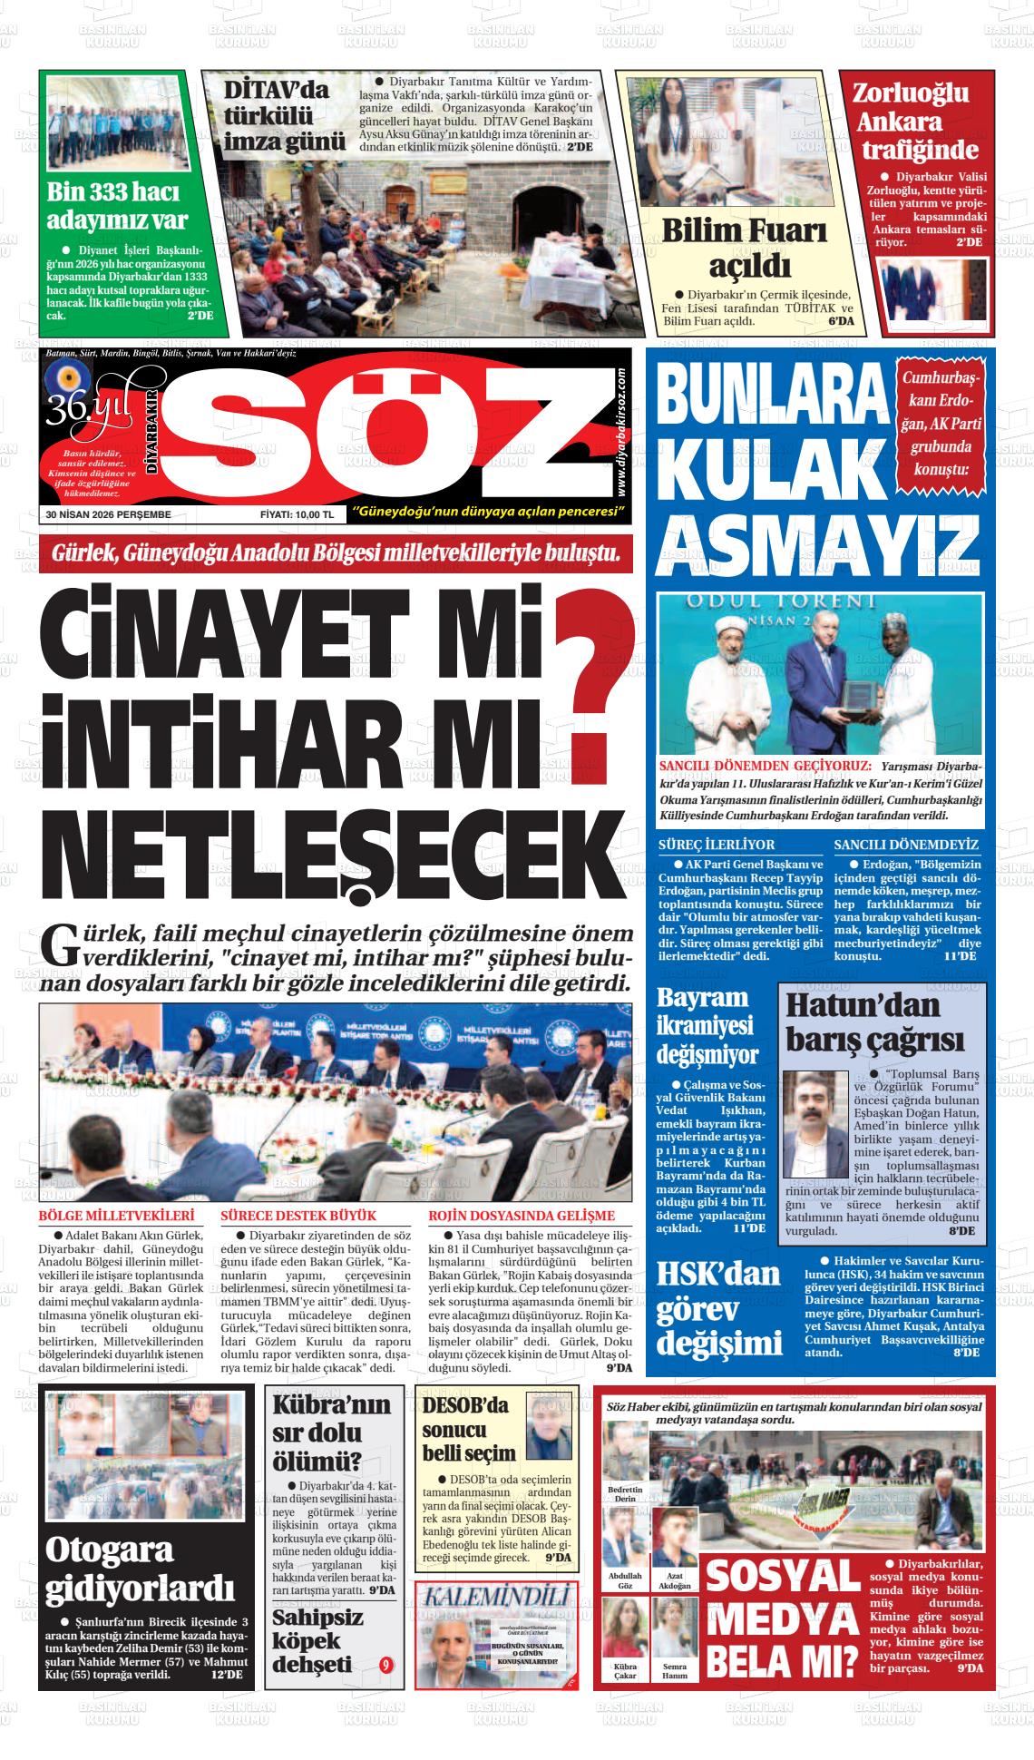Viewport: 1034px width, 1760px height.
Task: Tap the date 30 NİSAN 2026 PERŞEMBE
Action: (x=109, y=514)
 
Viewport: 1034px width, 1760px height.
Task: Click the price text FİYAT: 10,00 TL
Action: (x=298, y=514)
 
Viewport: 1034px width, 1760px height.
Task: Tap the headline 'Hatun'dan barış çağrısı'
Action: (x=874, y=1022)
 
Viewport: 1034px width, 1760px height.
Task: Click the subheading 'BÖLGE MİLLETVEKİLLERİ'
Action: (x=117, y=1216)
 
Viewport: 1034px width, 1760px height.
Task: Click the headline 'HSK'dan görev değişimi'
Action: (x=718, y=1308)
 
